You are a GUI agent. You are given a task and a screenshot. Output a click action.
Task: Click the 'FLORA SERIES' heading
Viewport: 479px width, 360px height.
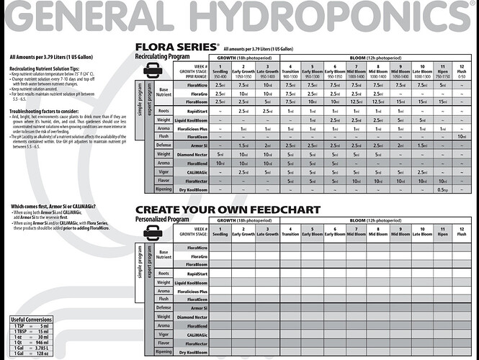177,48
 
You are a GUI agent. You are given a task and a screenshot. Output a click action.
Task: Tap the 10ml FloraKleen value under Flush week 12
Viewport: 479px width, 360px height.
461,136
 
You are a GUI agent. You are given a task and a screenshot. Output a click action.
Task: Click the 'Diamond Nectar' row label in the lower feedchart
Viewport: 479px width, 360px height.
192,318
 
